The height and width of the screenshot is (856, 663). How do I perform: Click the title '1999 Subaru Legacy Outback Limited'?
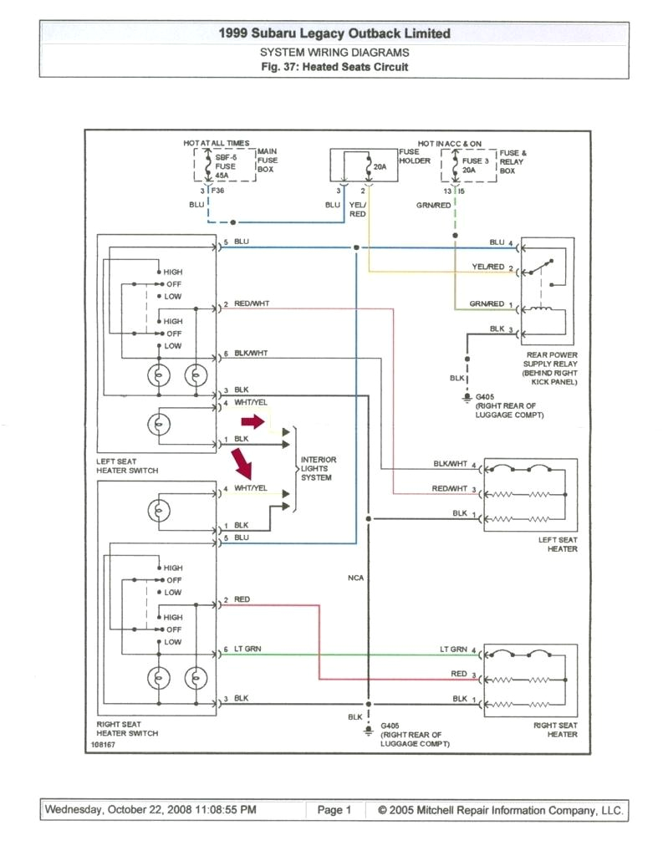tap(334, 33)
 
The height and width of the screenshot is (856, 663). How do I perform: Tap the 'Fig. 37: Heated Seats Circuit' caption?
tap(334, 67)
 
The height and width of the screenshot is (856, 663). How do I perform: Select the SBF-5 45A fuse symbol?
tap(207, 166)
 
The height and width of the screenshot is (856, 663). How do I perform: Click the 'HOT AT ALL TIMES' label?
tap(217, 144)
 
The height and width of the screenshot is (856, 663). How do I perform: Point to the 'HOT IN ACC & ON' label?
tap(451, 144)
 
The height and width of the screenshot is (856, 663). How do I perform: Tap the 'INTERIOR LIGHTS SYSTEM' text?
tap(318, 468)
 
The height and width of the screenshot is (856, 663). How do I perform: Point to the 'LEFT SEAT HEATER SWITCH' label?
tap(126, 466)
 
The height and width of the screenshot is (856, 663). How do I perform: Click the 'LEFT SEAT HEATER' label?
tap(558, 544)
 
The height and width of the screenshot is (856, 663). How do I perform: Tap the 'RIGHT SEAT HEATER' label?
tap(556, 729)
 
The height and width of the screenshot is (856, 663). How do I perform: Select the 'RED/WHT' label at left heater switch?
tap(251, 303)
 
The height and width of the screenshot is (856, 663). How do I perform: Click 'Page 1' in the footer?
tap(334, 810)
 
